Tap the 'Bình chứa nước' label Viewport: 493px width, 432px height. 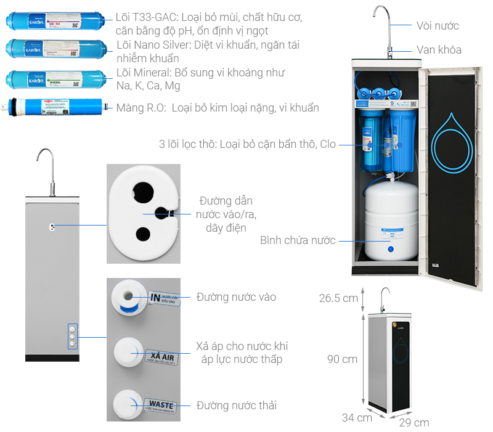pos(298,240)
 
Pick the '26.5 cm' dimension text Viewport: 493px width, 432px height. pos(338,298)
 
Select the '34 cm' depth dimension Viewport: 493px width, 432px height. pos(357,417)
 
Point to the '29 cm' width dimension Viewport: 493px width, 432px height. pos(414,422)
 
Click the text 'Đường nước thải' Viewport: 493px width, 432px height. pos(237,405)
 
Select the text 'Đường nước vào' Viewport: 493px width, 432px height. pos(237,297)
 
